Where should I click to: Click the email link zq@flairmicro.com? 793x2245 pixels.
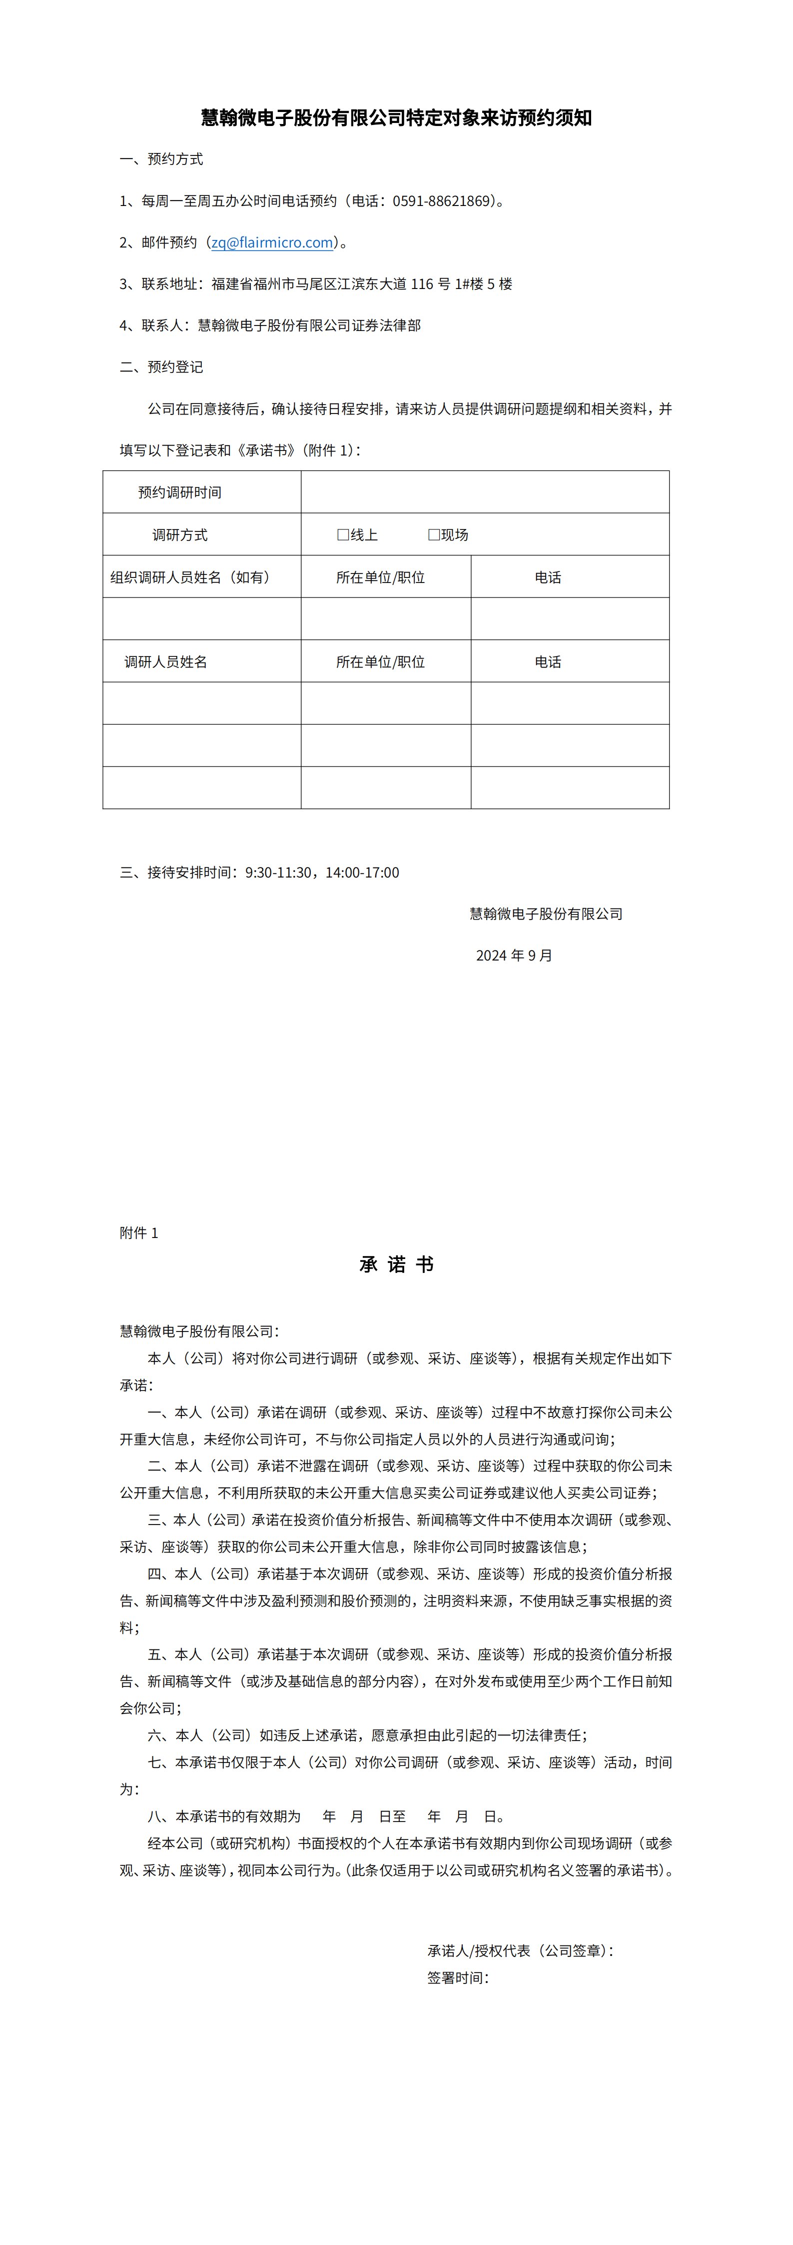pos(272,242)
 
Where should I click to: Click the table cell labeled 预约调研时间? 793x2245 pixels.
pos(179,492)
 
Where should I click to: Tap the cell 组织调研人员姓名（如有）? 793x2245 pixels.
pos(190,577)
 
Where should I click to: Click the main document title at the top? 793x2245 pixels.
pos(397,117)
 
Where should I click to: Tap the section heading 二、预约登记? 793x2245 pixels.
pos(161,367)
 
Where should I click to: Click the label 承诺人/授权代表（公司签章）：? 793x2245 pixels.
pos(520,1950)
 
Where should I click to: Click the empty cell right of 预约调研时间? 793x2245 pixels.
pos(485,492)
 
